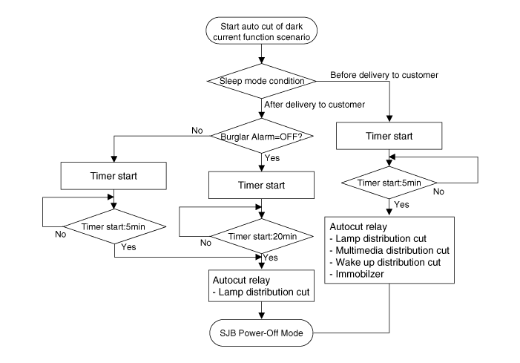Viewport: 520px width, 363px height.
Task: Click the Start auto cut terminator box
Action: point(261,31)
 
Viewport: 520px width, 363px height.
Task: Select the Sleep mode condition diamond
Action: point(261,81)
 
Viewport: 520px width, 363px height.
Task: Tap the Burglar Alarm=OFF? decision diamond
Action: point(262,136)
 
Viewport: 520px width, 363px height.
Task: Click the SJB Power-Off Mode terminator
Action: point(261,333)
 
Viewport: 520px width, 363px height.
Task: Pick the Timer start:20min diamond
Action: point(262,236)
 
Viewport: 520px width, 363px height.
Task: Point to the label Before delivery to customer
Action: point(384,75)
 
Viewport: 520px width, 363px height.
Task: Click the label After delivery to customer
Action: point(315,105)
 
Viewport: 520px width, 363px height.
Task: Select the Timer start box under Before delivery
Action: point(389,136)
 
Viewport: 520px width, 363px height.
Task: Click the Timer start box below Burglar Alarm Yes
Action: point(261,185)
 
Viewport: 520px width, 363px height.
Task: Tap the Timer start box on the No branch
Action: point(113,176)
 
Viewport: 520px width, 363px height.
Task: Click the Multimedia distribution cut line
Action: point(392,250)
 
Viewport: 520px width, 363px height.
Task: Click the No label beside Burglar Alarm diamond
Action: point(197,131)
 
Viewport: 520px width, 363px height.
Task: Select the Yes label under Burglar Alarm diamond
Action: point(272,158)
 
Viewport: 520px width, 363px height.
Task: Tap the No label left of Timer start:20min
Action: point(205,243)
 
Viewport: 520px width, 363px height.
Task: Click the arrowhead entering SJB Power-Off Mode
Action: point(261,316)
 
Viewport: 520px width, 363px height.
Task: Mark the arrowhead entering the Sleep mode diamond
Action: point(261,60)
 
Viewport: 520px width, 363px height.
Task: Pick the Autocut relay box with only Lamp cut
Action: point(261,286)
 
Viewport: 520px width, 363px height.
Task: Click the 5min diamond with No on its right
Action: point(389,183)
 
